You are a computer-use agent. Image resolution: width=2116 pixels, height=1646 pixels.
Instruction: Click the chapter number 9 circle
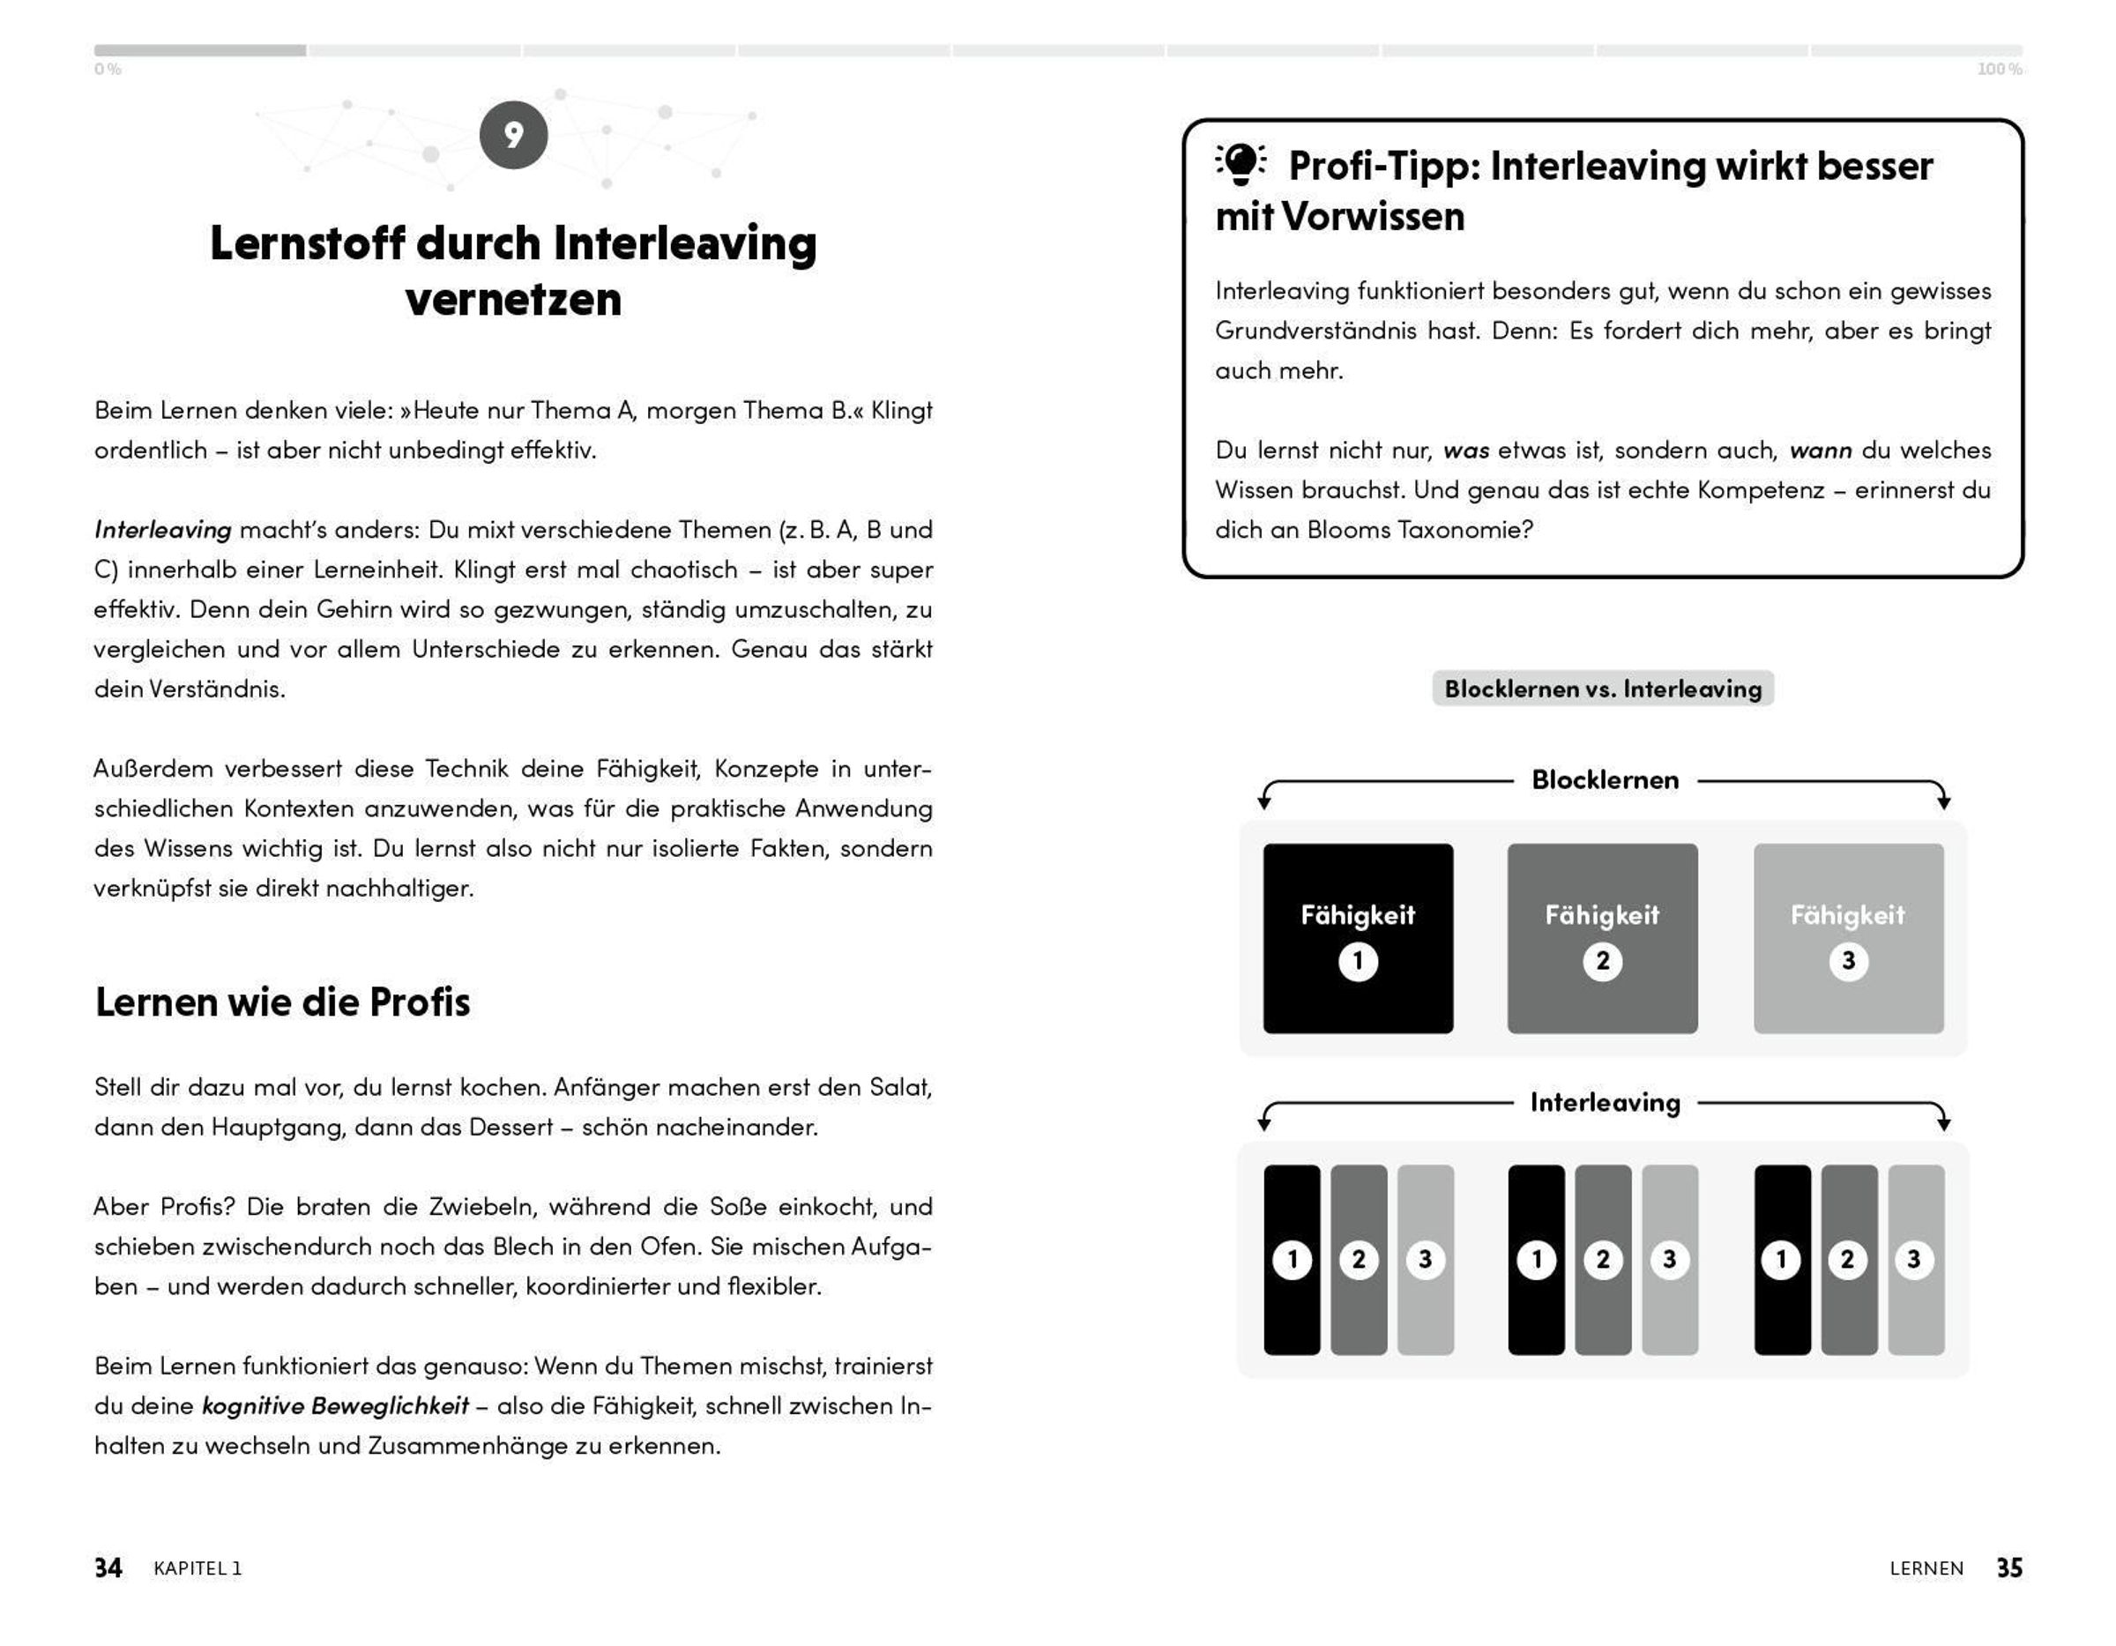tap(512, 135)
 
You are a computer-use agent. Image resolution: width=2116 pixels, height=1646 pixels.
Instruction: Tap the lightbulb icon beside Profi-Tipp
tap(1241, 164)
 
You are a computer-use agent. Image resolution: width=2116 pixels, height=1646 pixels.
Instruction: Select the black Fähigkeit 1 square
tap(1358, 938)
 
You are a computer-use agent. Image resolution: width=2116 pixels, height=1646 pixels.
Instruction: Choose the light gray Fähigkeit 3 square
tap(1848, 938)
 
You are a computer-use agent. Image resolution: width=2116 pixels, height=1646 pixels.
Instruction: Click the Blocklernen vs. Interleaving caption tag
tap(1603, 689)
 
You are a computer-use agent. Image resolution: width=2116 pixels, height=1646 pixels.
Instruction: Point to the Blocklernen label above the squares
tap(1605, 780)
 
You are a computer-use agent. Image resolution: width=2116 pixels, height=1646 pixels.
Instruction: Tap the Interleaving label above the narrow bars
tap(1605, 1103)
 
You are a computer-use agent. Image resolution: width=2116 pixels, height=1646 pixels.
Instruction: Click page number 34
tap(108, 1568)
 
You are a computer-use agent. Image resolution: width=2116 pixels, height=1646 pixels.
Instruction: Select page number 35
tap(2008, 1568)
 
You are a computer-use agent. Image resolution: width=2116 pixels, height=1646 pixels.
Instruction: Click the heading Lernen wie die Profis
tap(282, 1002)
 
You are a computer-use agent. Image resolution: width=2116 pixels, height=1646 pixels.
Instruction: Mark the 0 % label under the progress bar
tap(108, 70)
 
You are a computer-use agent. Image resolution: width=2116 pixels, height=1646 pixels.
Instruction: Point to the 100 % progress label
tap(1999, 70)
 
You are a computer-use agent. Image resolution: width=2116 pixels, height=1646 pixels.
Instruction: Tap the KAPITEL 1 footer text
tap(197, 1568)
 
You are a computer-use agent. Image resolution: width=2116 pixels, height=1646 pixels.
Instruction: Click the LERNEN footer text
tap(1926, 1568)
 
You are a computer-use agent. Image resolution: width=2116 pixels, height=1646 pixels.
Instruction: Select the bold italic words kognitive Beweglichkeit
tap(334, 1405)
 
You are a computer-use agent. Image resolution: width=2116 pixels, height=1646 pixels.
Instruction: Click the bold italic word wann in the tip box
tap(1820, 451)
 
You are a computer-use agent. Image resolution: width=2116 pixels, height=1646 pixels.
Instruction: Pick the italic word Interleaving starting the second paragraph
tap(163, 530)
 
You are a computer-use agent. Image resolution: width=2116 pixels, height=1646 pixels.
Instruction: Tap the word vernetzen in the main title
tap(512, 300)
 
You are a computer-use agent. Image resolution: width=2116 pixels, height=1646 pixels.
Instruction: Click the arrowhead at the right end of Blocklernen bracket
tap(1943, 802)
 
